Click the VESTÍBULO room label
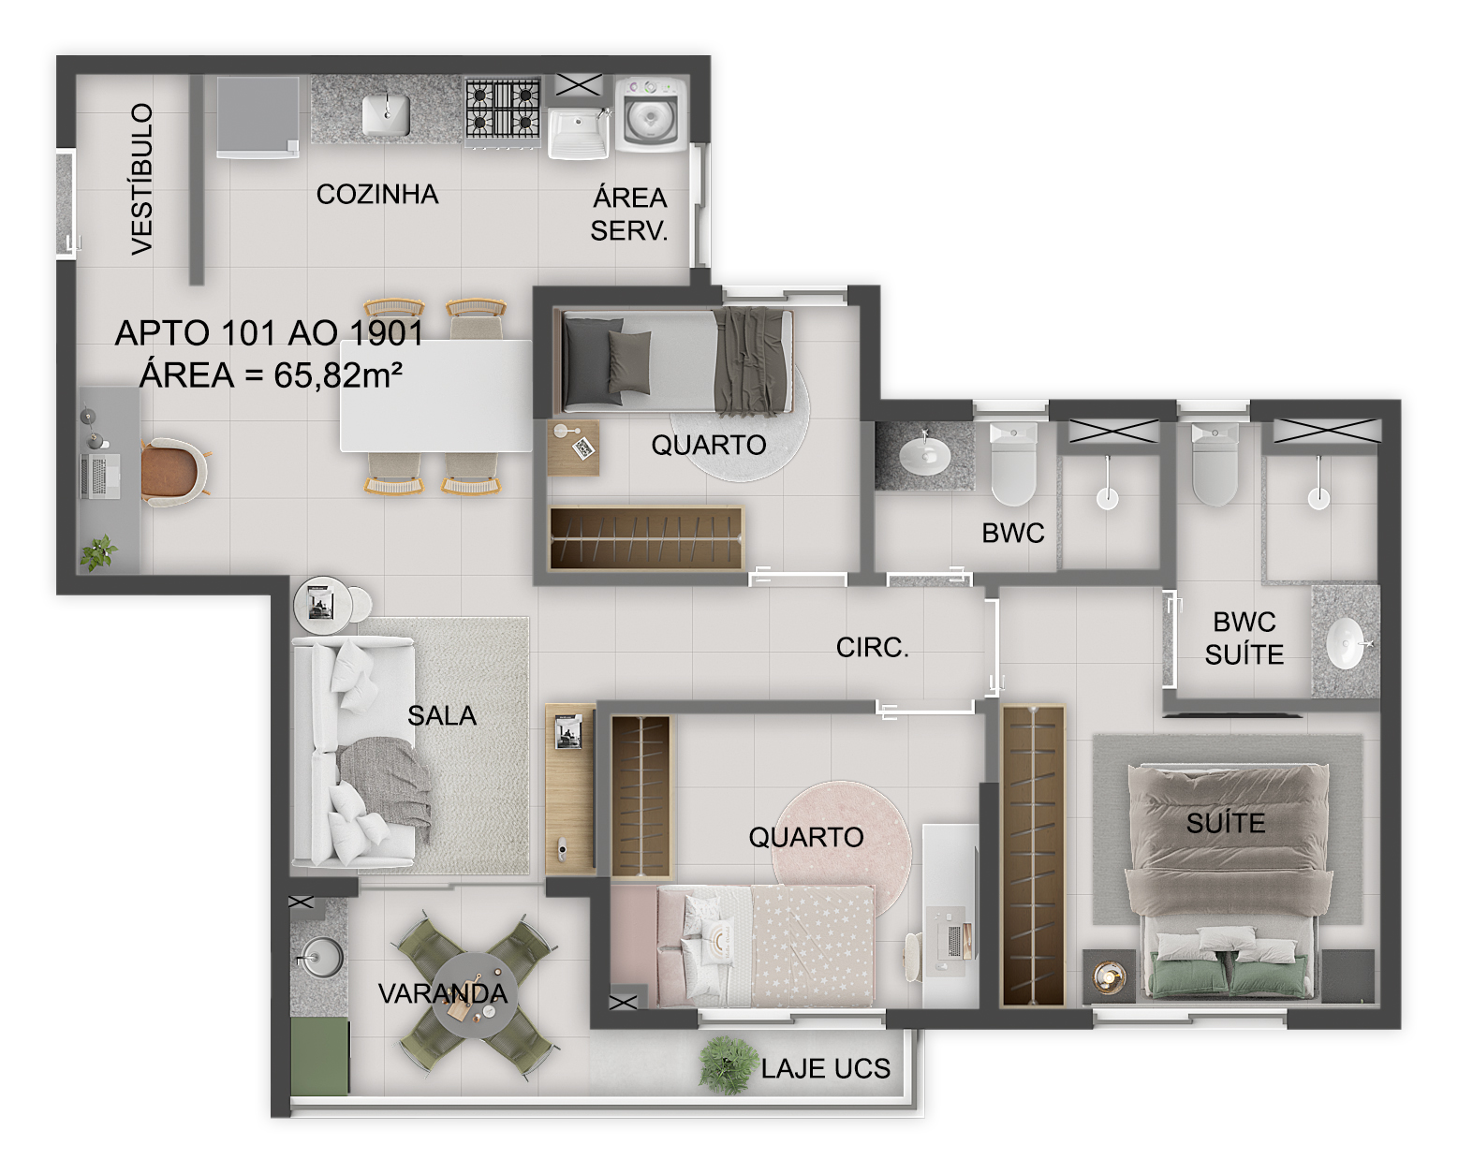click(141, 178)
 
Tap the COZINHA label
click(377, 195)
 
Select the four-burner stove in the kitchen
click(503, 109)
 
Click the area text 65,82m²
click(338, 375)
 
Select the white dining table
click(435, 396)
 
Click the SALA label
click(442, 716)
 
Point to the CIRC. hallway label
click(872, 648)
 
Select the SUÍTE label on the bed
click(1225, 824)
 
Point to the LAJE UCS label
click(825, 1069)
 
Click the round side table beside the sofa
click(322, 607)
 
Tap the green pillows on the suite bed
click(1228, 976)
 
